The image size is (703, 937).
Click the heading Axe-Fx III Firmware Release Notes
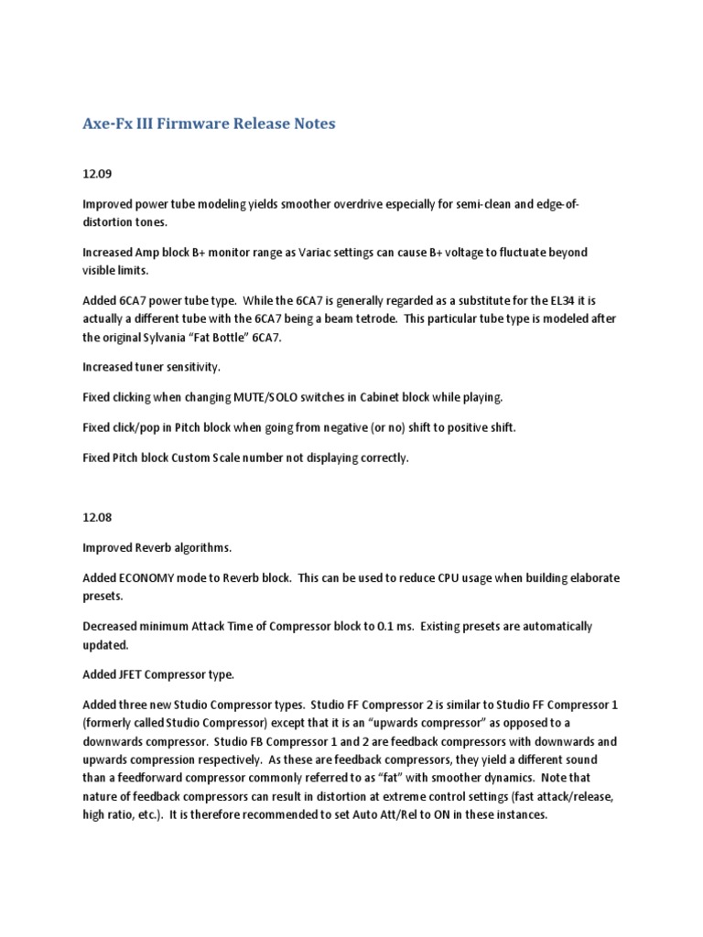coord(209,123)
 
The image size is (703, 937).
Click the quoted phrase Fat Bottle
coord(264,338)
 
